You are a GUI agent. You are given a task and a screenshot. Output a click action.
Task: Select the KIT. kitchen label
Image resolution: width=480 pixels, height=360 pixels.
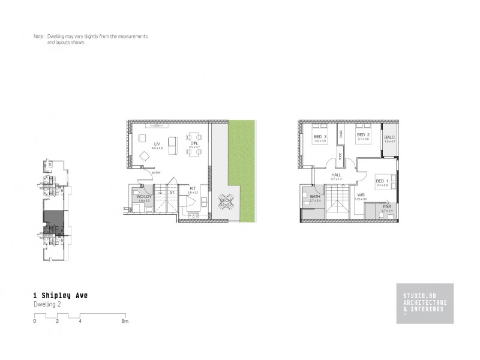coord(193,188)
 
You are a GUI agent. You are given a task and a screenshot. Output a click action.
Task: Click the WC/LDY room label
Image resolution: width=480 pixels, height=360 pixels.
coord(143,197)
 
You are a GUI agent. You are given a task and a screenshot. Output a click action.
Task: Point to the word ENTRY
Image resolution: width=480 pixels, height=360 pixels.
coord(156,173)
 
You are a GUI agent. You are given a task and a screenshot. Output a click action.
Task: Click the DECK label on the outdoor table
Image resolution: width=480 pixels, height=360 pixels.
coord(226,202)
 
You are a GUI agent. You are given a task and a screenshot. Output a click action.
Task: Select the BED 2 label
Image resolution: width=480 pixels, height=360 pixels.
coord(362,135)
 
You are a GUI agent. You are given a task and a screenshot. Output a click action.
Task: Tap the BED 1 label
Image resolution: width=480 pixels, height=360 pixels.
coord(382,181)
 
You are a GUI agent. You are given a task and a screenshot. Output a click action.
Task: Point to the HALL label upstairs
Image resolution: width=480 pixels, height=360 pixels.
coord(336,175)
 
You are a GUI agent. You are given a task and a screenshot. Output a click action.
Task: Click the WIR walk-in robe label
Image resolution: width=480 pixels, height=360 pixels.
coord(361,195)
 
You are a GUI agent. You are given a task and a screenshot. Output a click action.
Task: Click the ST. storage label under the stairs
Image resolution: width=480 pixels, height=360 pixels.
coord(172,192)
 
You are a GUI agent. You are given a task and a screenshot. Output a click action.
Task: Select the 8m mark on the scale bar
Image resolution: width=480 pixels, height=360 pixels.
coord(125,322)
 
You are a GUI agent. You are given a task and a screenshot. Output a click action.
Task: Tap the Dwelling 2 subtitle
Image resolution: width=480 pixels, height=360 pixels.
coord(47,304)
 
